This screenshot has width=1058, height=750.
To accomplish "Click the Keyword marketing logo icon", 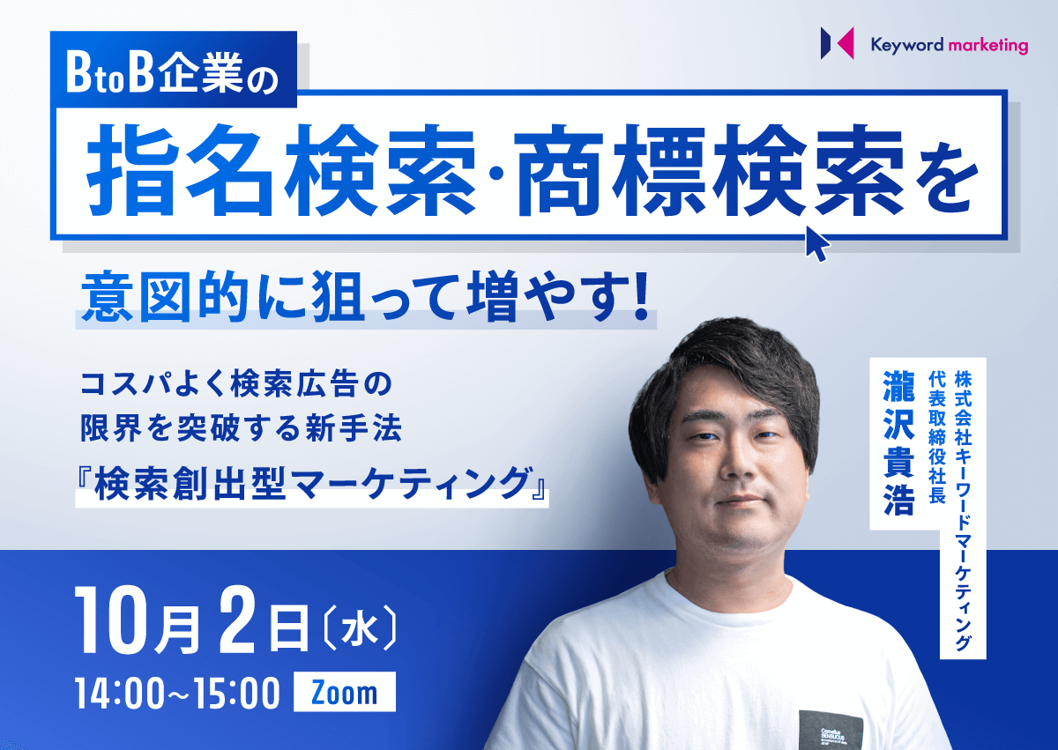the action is pos(837,43).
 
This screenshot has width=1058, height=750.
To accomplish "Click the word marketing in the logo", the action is pos(988,46).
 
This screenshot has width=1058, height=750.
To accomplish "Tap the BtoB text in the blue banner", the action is pos(110,75).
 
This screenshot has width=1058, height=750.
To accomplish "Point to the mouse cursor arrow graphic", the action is pos(817,243).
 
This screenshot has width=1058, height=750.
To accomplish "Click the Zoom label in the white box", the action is pos(345,693).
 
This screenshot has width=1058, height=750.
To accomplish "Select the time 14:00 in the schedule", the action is pos(122,693).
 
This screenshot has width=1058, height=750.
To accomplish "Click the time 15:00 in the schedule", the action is pos(235,693).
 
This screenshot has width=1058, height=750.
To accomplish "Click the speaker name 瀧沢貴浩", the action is pos(898,442).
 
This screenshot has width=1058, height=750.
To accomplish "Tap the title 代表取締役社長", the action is pos(937,437).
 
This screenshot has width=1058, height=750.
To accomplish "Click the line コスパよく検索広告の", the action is pos(236,384).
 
